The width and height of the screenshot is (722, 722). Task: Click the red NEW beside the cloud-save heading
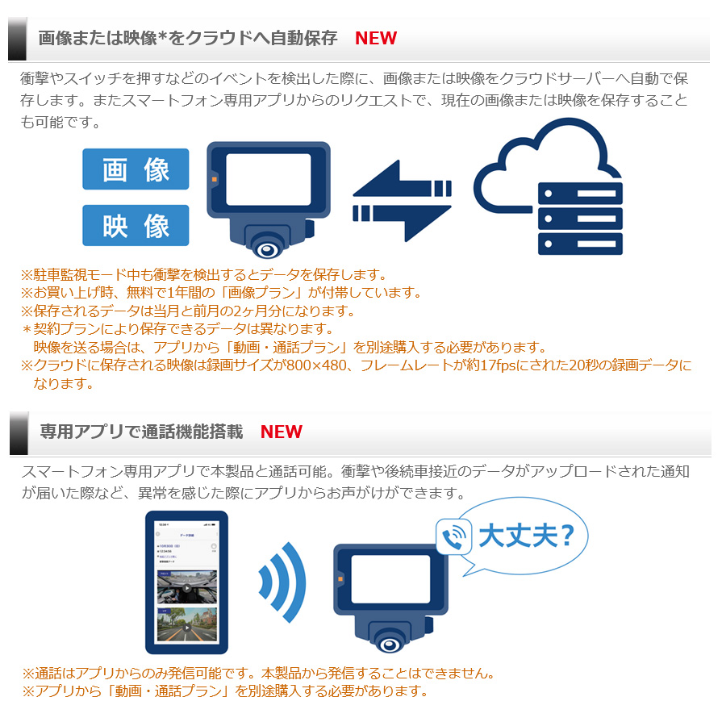(x=375, y=38)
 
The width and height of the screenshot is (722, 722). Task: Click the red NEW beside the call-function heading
(x=281, y=432)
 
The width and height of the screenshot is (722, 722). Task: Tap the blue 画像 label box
(x=136, y=169)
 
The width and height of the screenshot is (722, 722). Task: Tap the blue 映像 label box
(x=136, y=226)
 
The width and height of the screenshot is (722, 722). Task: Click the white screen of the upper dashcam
(x=269, y=180)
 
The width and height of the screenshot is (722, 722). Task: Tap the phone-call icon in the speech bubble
(x=453, y=536)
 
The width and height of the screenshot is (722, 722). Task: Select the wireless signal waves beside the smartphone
(x=282, y=581)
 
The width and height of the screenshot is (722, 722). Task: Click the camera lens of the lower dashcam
(x=393, y=643)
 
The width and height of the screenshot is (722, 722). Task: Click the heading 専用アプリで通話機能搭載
(x=141, y=432)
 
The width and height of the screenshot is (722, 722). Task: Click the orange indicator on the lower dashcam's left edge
(x=341, y=578)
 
